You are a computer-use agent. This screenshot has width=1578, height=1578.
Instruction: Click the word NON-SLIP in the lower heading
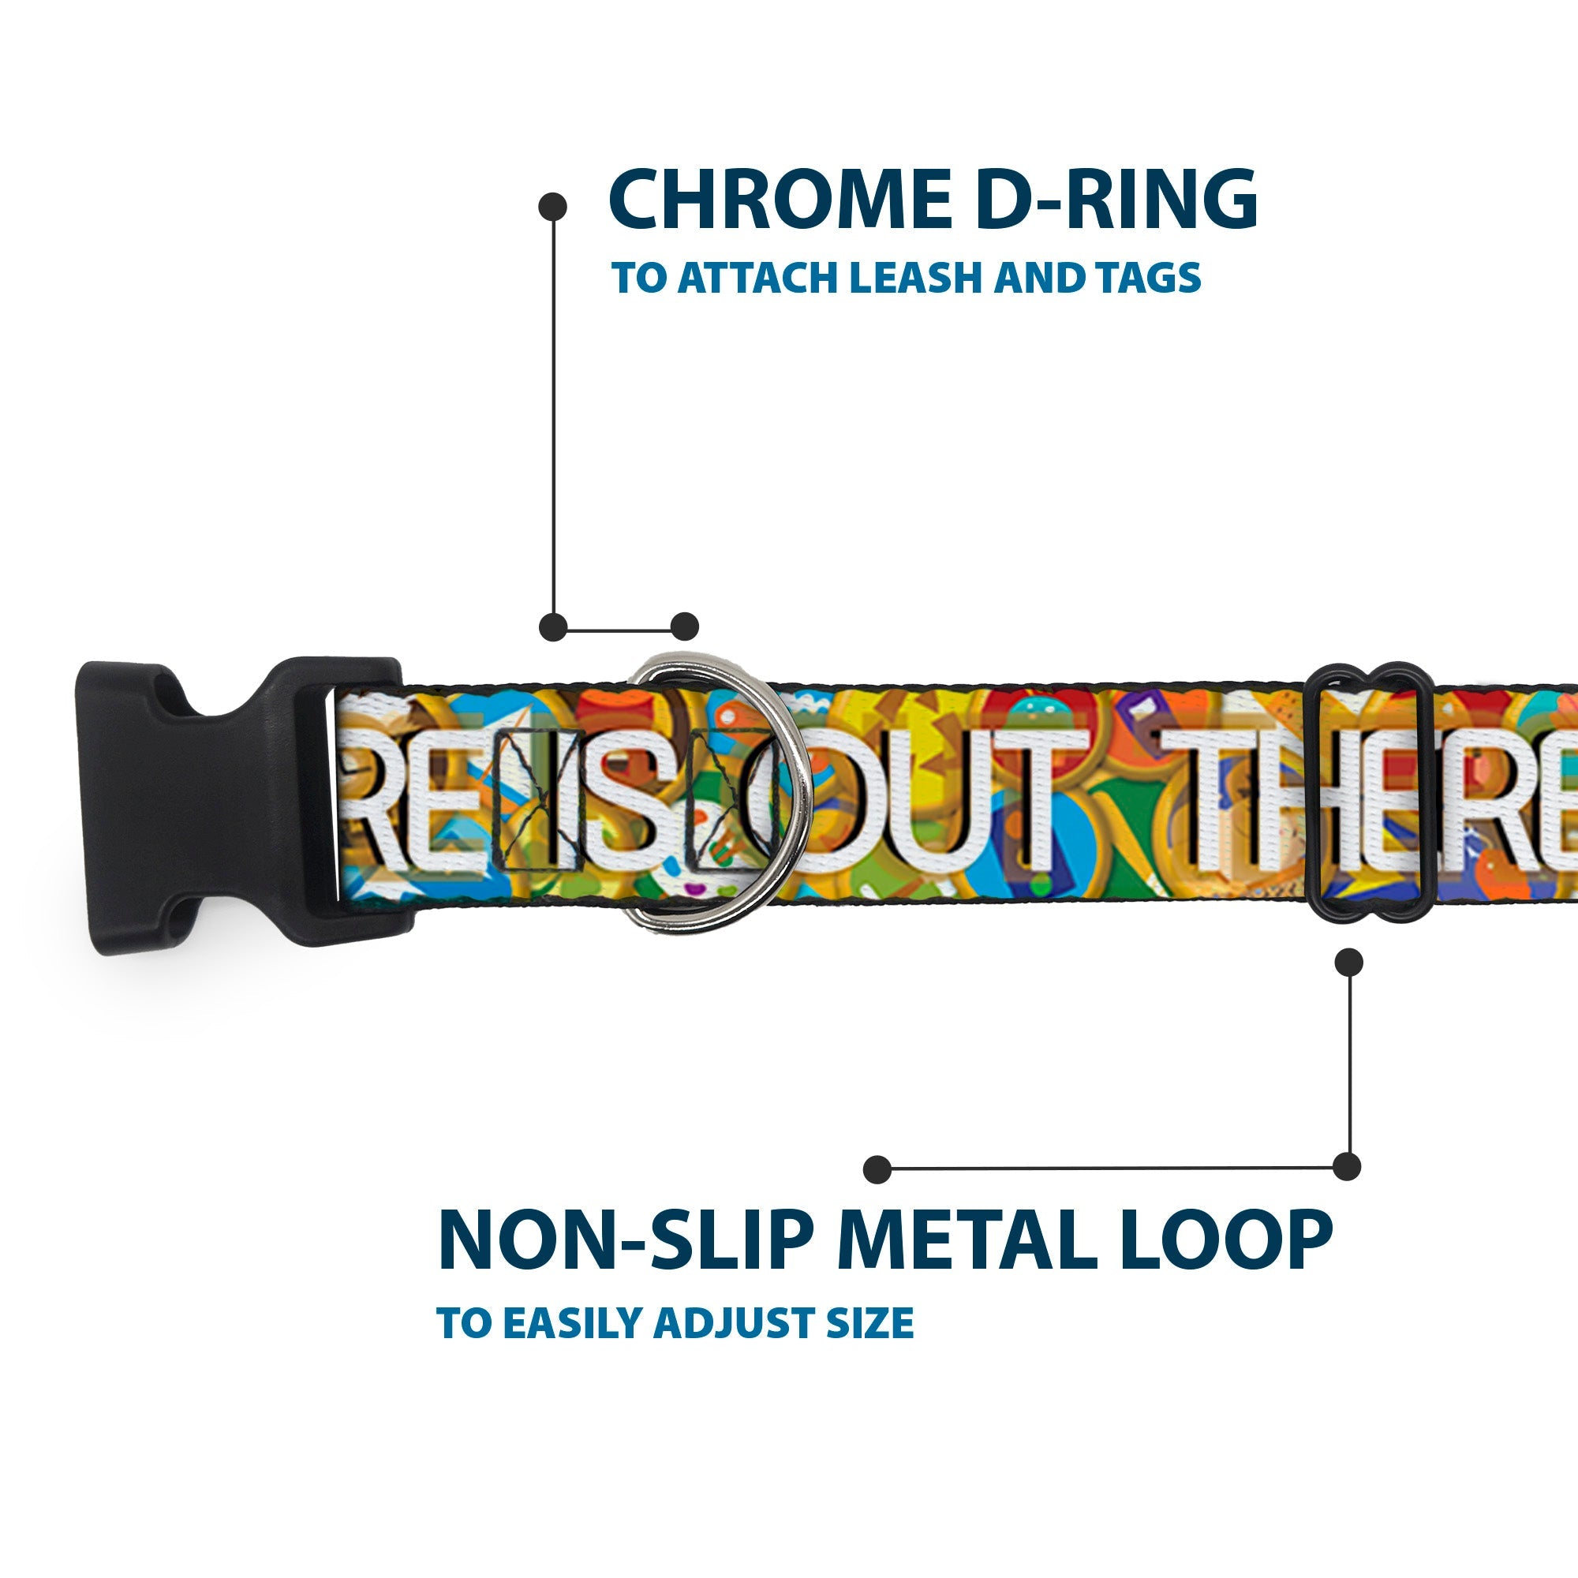click(626, 1239)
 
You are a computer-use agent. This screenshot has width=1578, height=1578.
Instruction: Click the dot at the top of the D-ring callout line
click(553, 206)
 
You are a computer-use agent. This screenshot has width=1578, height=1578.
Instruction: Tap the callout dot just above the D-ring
click(684, 626)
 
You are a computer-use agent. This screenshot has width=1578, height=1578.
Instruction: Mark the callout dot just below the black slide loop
click(1348, 962)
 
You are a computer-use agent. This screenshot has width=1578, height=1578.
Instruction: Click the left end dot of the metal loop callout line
click(877, 1169)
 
